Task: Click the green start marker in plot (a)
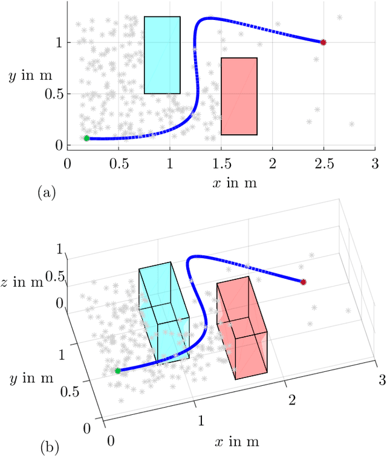tap(86, 138)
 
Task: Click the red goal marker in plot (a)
tap(323, 42)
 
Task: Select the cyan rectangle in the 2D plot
tap(162, 55)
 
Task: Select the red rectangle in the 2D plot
tap(239, 96)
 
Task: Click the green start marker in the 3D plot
tap(118, 371)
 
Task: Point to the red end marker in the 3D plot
tap(304, 282)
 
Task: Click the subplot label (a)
tap(46, 192)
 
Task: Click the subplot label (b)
tap(49, 448)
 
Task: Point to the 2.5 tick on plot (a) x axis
tap(323, 163)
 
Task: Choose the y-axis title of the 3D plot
tap(30, 379)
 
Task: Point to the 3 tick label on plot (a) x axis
tap(374, 163)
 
